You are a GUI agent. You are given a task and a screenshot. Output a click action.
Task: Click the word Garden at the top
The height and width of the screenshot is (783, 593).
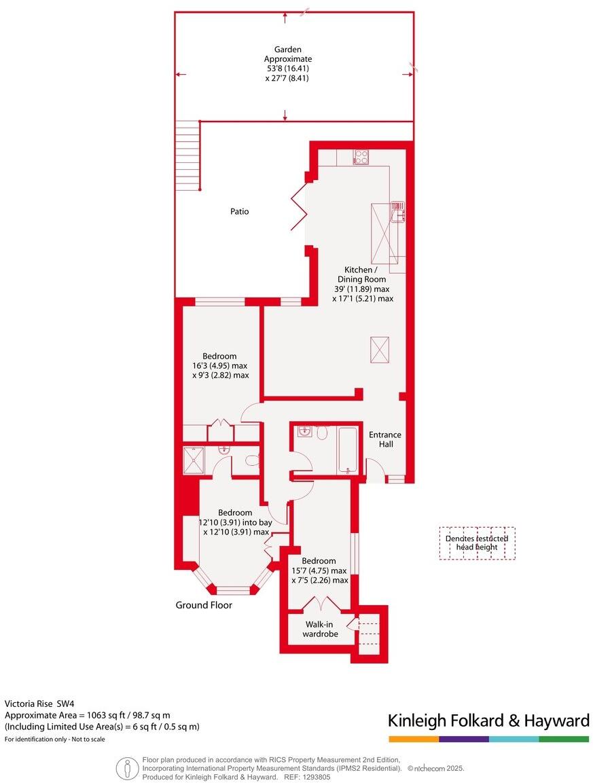click(287, 50)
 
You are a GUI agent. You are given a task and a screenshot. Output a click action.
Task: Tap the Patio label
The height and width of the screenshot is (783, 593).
click(239, 211)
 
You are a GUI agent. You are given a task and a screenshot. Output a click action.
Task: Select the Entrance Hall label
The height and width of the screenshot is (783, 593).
click(384, 439)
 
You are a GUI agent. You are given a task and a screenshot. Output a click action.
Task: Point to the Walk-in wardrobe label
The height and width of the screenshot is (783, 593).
click(320, 629)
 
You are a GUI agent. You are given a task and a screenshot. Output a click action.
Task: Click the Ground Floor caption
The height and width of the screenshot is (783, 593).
click(204, 605)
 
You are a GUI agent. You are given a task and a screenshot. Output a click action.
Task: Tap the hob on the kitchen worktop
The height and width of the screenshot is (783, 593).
click(361, 157)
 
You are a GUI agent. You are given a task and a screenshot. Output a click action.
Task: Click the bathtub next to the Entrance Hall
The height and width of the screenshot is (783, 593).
click(348, 450)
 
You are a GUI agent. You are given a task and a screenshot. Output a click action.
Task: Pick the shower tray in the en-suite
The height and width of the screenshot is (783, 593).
click(196, 460)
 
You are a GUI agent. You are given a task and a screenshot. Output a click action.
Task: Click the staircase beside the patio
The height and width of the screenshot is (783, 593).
click(187, 156)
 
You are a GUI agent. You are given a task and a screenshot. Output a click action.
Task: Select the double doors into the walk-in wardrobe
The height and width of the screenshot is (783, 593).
click(319, 603)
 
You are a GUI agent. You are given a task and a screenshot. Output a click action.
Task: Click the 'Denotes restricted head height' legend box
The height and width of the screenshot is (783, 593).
click(477, 543)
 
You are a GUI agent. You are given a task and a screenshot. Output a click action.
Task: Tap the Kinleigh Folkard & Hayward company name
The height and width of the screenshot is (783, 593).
click(488, 721)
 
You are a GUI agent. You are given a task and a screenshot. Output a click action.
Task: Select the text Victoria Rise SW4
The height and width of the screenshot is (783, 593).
click(41, 704)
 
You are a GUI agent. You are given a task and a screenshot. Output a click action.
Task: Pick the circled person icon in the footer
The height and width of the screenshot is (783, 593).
click(126, 768)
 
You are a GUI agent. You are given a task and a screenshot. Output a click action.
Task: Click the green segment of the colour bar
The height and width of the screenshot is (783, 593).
click(564, 739)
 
